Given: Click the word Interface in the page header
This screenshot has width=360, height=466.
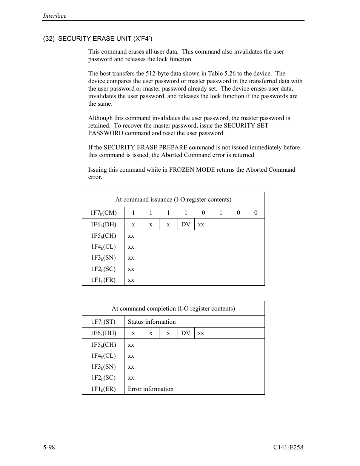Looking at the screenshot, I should click(55, 16).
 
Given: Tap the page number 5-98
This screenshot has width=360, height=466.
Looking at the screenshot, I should click(49, 447).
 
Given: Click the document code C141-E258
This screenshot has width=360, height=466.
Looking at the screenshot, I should click(288, 447).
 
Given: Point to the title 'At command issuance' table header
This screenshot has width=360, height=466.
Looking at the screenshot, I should click(173, 200).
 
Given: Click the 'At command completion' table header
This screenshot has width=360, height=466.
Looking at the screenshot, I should click(173, 309).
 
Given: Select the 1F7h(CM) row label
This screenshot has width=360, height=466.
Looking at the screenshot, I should click(103, 213).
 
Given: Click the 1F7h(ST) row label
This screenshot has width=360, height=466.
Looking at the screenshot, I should click(103, 322).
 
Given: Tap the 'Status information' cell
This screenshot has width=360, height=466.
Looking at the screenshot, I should click(152, 322).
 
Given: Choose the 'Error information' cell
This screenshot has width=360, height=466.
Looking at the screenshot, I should click(151, 389).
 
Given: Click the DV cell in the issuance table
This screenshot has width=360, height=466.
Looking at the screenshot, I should click(186, 225).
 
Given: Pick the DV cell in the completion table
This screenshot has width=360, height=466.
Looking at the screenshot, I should click(186, 333).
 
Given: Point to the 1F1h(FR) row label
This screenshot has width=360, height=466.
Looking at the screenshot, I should click(103, 280).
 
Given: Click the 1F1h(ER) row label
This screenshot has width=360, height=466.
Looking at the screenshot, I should click(103, 389).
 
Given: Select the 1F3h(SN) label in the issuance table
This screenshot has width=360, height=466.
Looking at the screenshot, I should click(103, 258).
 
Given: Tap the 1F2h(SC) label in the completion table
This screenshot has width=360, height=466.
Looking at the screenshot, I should click(103, 378).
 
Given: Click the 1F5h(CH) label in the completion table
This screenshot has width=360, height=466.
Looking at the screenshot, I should click(103, 345).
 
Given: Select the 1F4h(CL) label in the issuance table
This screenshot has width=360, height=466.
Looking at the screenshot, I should click(103, 247).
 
